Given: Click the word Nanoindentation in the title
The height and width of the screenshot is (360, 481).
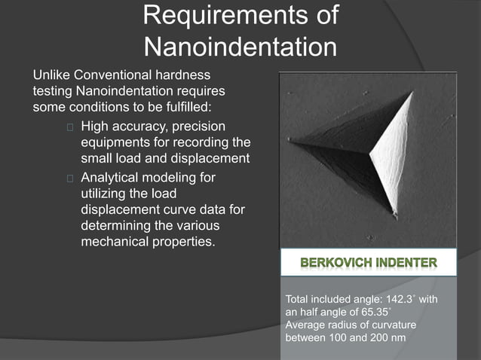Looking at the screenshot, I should pos(240,47).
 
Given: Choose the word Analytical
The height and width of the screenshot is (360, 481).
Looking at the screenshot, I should pos(115,177).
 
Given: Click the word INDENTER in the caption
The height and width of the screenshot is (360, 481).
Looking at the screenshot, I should pos(405,264).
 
